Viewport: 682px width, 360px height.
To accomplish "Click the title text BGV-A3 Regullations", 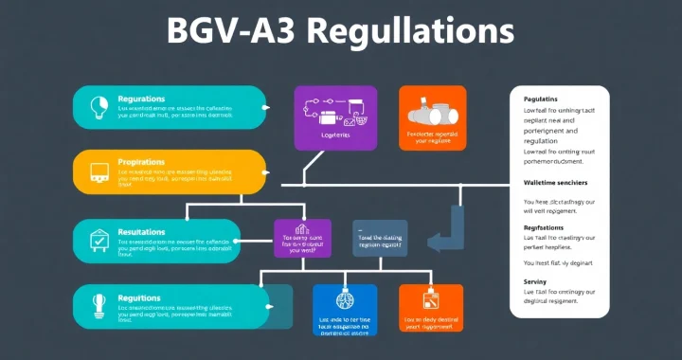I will (340, 31).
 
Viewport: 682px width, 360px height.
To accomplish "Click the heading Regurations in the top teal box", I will (141, 99).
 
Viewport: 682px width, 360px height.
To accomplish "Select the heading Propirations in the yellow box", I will (142, 163).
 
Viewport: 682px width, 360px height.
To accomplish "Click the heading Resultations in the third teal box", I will (142, 231).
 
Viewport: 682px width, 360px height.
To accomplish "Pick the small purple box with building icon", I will (303, 239).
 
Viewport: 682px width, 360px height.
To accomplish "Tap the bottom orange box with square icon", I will (430, 310).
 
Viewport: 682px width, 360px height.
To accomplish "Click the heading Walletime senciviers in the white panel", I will (556, 182).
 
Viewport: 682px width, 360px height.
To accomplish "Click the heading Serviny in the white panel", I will (536, 282).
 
